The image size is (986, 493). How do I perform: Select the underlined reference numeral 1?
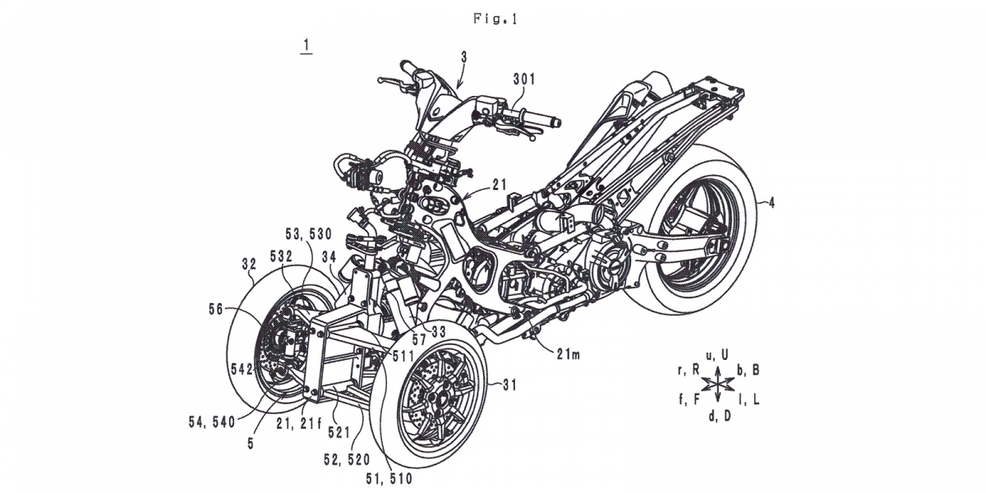click(x=305, y=46)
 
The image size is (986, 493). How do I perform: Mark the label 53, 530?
click(x=306, y=234)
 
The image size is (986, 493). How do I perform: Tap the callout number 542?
click(x=220, y=368)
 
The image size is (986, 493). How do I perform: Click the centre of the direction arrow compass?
click(x=719, y=385)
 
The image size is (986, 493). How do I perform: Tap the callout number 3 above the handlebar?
click(x=464, y=57)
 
